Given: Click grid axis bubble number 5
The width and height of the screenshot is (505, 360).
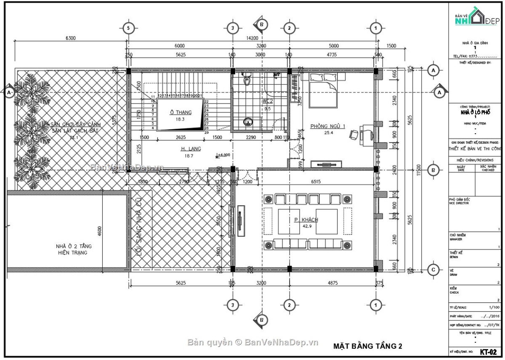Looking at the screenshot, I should point(128,28).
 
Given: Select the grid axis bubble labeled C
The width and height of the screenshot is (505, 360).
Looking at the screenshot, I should point(433,270).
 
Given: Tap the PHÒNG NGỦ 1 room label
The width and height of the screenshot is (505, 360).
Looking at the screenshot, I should point(327,126).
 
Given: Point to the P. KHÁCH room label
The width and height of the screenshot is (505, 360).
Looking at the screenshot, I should point(306,220).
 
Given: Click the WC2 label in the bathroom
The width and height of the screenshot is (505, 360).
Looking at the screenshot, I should point(267,101).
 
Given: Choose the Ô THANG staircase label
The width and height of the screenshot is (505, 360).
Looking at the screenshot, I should point(181,112).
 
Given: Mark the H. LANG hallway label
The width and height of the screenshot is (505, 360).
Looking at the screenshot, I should point(191,148).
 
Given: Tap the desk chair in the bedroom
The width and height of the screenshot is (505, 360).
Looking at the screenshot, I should point(353,134).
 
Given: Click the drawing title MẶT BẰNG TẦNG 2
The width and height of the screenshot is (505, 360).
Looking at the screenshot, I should point(367,346).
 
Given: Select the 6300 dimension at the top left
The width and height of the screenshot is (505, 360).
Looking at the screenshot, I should point(71,38).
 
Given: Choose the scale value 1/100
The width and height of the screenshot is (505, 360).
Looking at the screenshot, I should point(490,307).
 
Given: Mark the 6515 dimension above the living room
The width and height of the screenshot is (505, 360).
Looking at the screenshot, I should point(318,181).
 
